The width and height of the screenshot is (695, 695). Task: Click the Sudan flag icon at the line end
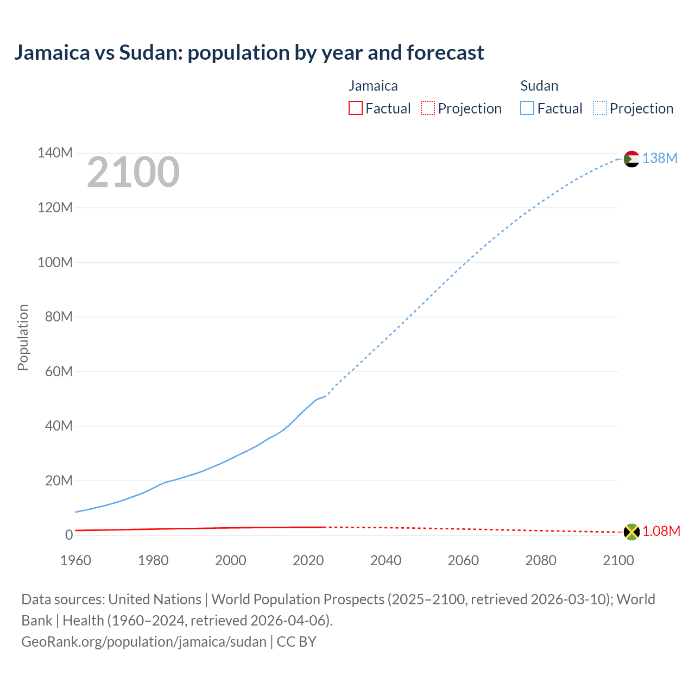(631, 159)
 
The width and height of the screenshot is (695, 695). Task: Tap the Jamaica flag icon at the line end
(631, 532)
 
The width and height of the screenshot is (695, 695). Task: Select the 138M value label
(660, 158)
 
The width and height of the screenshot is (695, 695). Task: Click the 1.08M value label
(661, 531)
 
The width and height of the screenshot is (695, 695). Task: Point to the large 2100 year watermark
(133, 172)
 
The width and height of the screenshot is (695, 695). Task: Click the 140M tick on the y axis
(55, 153)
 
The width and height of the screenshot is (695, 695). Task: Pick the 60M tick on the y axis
(59, 371)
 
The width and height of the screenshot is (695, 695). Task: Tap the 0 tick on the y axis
(69, 535)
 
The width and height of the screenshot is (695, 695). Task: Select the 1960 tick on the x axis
(75, 560)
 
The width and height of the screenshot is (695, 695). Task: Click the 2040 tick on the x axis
(386, 560)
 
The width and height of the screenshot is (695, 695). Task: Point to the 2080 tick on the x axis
(541, 560)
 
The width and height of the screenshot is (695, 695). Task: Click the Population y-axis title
(23, 337)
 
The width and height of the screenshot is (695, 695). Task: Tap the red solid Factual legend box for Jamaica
(356, 108)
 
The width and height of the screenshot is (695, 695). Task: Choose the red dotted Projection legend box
(428, 108)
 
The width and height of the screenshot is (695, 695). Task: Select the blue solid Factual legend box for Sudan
(527, 108)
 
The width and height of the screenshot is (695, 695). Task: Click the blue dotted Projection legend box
(600, 108)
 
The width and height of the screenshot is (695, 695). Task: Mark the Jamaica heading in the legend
(373, 86)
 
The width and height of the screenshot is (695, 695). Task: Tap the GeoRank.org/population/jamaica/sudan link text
(144, 641)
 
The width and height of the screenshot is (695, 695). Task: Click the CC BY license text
(296, 641)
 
